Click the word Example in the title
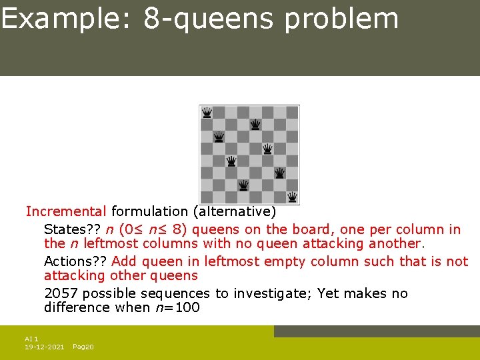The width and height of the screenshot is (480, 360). [66, 19]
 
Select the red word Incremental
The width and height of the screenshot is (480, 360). [66, 212]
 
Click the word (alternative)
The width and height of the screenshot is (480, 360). [234, 212]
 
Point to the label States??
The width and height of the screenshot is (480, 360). [72, 230]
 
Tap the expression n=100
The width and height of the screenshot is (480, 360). [177, 307]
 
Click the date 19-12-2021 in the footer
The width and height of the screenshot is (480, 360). [44, 347]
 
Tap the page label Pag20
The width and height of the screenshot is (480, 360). [83, 347]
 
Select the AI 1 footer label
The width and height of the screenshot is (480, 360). [31, 339]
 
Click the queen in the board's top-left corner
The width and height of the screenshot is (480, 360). [207, 112]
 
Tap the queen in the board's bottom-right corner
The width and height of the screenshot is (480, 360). [292, 197]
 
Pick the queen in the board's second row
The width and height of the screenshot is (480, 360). [255, 125]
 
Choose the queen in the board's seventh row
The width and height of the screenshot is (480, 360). [243, 185]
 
